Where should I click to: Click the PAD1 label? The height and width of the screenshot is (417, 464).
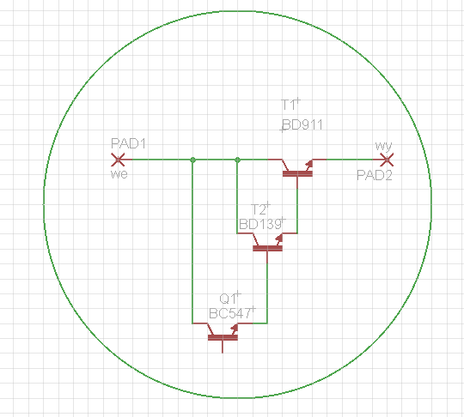click(128, 143)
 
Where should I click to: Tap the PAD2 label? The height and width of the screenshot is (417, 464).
click(375, 175)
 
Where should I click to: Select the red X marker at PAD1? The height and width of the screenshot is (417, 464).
click(118, 160)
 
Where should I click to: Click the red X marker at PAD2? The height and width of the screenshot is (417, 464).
click(387, 160)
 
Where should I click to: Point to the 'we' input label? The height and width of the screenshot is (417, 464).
click(119, 174)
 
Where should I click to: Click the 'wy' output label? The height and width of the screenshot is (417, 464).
click(383, 146)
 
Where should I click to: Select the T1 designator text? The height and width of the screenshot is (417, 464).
click(288, 105)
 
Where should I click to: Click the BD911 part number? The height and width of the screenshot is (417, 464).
click(302, 124)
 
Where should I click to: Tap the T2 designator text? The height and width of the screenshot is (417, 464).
click(259, 210)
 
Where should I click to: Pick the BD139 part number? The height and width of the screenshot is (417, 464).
click(260, 225)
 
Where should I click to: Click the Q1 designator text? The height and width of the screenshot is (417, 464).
click(228, 299)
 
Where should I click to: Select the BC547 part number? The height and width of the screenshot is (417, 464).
click(230, 313)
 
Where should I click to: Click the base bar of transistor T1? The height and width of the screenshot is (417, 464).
click(297, 174)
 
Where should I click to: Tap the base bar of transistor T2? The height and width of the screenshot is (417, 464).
click(267, 248)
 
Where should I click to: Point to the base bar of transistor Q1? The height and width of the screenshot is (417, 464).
click(223, 337)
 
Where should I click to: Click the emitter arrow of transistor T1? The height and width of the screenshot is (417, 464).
click(308, 165)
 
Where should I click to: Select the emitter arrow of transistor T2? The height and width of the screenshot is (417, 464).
click(278, 239)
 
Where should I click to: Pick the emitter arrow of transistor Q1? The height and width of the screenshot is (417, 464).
click(234, 329)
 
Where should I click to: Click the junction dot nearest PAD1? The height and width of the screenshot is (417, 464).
click(192, 160)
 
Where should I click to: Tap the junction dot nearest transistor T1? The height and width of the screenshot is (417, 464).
click(237, 160)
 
